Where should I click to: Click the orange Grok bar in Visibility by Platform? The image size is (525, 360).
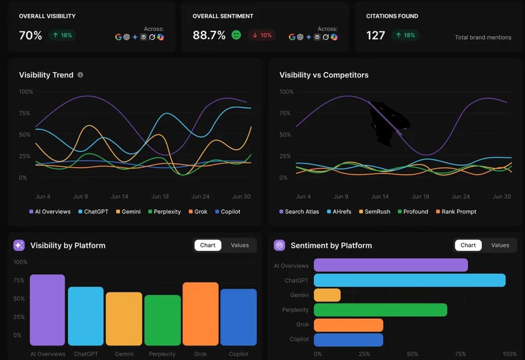[x=200, y=314]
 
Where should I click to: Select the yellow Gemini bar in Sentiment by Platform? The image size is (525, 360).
[x=327, y=295]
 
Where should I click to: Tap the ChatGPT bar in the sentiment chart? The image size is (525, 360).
[x=409, y=280]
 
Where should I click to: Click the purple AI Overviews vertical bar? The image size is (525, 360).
[x=47, y=310]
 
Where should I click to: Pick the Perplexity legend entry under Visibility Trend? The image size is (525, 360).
[x=164, y=212]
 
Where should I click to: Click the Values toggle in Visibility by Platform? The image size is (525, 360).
[x=240, y=245]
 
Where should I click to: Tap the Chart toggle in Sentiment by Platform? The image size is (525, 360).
[x=468, y=245]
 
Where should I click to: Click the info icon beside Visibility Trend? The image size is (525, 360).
[x=80, y=75]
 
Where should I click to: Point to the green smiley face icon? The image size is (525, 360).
[x=236, y=35]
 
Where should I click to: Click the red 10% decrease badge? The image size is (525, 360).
[x=262, y=35]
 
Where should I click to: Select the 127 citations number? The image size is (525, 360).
[x=375, y=36]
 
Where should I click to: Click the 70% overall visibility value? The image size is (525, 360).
[x=30, y=36]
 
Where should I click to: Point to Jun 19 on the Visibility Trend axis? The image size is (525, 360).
[x=160, y=196]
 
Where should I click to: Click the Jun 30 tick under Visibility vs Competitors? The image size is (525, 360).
[x=502, y=196]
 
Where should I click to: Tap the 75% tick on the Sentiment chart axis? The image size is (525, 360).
[x=460, y=354]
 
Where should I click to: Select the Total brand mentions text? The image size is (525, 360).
[x=483, y=37]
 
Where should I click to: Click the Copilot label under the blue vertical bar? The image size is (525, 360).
[x=238, y=354]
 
